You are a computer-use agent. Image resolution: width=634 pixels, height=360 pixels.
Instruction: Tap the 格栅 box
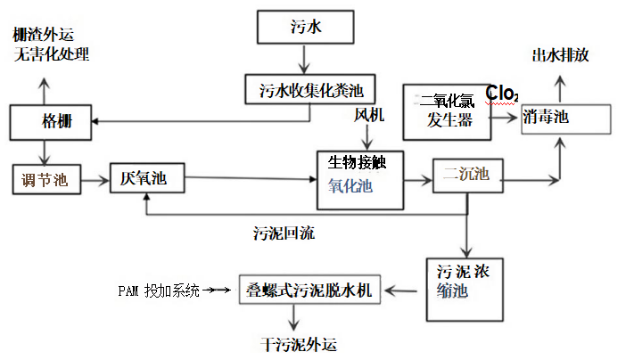click(52, 121)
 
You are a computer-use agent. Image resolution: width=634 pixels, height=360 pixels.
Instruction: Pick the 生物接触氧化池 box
click(360, 174)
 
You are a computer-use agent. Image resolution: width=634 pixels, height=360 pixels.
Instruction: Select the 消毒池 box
click(566, 118)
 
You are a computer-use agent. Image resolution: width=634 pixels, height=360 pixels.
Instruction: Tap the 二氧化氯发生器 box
click(446, 111)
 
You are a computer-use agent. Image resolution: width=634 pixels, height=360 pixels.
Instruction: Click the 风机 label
click(369, 115)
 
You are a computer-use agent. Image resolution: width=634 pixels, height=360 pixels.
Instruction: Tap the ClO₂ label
click(502, 93)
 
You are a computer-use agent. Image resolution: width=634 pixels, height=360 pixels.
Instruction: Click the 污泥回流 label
click(284, 234)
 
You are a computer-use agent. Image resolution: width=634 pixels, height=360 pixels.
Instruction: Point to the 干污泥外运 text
click(302, 343)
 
